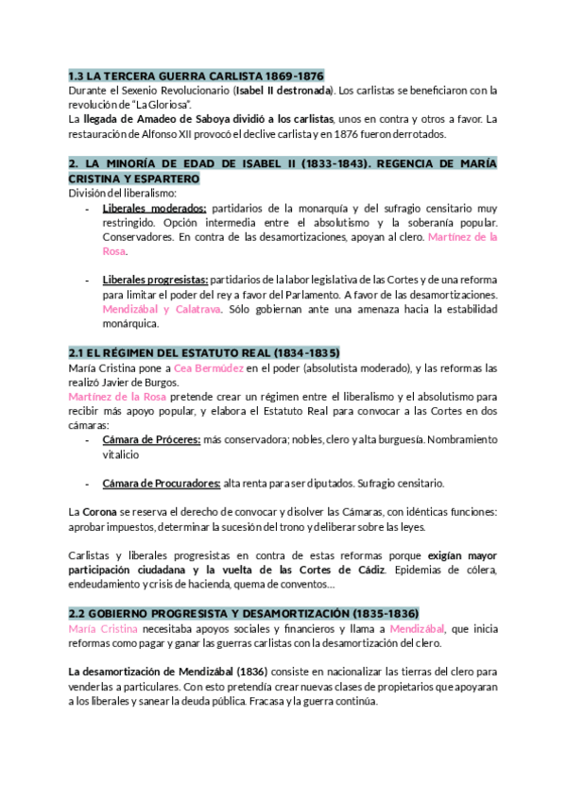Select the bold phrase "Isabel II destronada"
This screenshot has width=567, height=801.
pos(273,90)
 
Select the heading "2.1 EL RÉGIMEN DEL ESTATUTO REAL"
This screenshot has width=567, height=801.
pos(204,352)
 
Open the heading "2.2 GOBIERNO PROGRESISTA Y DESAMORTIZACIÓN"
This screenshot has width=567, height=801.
pos(244,613)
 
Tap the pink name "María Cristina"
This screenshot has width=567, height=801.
pos(104,628)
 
